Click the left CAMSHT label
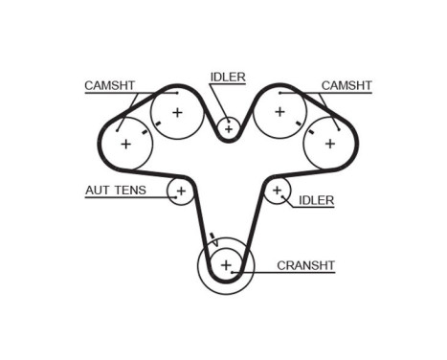coord(108,85)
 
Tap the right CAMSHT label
coord(346,85)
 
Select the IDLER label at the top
coord(227,77)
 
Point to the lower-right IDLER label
coord(316,200)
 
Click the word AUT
coord(97,190)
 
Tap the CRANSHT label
coord(305,265)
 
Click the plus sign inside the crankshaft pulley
coord(226,265)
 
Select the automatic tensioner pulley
coord(180,191)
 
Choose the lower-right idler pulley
coord(278,191)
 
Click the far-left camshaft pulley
coord(125,144)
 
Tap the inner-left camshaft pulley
coord(177,113)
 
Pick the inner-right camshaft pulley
coord(279,113)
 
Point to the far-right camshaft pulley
coord(330,144)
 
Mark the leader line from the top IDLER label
coord(221,101)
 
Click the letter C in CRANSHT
coord(280,265)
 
